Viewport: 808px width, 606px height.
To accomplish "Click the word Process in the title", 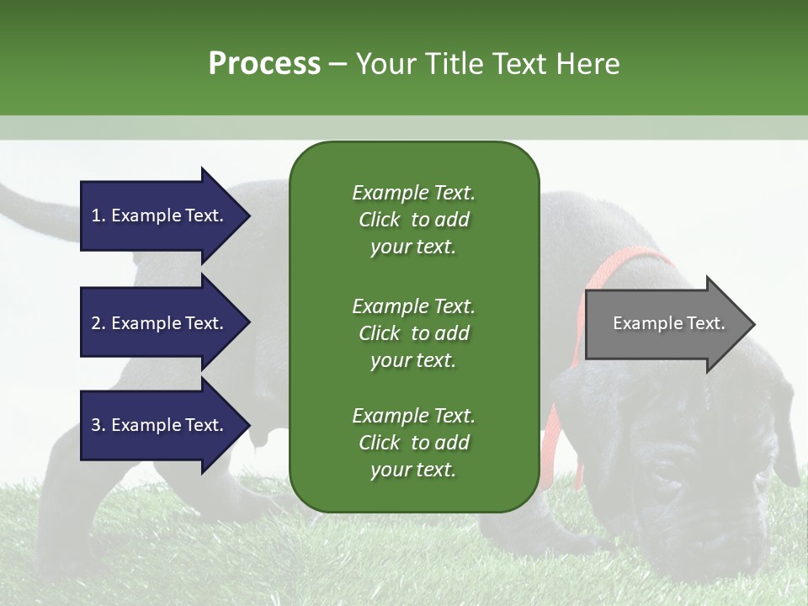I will point(264,64).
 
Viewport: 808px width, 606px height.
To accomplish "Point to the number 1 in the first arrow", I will point(96,215).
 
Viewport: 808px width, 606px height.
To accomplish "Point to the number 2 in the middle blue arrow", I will point(96,323).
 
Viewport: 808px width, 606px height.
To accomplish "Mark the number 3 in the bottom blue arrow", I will point(96,425).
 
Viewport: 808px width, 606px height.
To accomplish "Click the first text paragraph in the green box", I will point(413,220).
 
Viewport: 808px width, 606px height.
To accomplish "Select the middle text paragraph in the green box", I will point(413,333).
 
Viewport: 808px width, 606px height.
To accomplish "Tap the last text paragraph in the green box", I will point(413,443).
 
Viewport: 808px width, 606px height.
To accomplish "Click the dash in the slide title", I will point(338,65).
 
